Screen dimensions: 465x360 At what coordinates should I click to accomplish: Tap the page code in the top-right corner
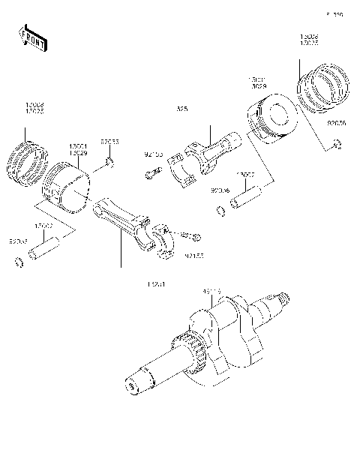tap(334, 14)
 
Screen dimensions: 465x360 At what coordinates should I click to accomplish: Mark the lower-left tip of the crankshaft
tap(133, 386)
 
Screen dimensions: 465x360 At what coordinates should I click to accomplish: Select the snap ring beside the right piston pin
tap(220, 211)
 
